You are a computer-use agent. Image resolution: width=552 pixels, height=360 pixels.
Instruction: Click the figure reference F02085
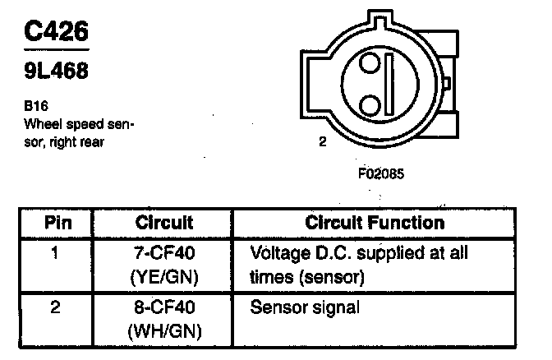click(380, 174)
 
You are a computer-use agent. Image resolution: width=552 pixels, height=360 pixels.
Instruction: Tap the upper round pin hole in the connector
click(370, 63)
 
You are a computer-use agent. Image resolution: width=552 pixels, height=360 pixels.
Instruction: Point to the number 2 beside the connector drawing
click(323, 141)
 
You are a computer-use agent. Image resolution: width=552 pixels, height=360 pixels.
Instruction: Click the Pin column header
click(57, 223)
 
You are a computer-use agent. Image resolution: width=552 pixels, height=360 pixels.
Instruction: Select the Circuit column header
click(165, 223)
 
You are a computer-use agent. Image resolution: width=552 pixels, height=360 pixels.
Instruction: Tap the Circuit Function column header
click(375, 223)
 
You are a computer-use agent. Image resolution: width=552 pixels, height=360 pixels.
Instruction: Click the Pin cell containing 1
click(55, 252)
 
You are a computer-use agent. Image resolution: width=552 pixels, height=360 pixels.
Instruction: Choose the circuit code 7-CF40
click(165, 252)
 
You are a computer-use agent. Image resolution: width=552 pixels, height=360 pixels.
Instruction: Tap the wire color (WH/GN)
click(165, 334)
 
